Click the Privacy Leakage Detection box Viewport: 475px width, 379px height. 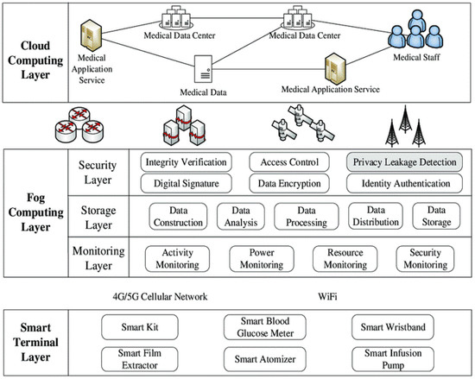coord(404,161)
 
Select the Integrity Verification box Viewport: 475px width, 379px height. coord(186,161)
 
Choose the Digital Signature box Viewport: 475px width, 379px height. coord(186,183)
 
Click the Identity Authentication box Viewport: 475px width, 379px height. coord(404,183)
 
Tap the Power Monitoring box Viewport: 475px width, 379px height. coord(263,257)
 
